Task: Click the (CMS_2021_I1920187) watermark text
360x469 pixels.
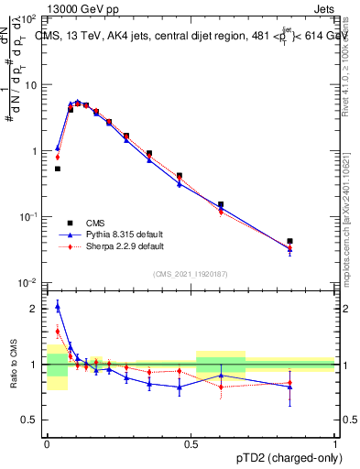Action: tap(191, 274)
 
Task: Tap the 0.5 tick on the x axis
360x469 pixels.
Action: tap(191, 442)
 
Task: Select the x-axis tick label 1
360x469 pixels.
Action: tap(335, 442)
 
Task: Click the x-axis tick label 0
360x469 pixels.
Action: tap(47, 442)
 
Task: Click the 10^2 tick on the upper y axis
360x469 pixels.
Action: tap(29, 18)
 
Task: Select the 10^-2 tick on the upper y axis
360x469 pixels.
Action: tap(29, 282)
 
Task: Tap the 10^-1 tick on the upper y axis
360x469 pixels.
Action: tap(29, 216)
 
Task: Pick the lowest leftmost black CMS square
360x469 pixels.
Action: tap(57, 169)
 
